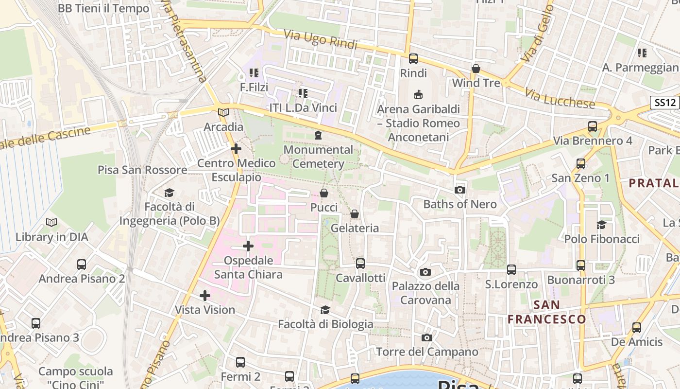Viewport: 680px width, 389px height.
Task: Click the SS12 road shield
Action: tap(664, 103)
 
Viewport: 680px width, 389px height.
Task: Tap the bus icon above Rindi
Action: tap(413, 59)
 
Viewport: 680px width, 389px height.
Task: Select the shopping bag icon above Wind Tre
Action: tap(476, 69)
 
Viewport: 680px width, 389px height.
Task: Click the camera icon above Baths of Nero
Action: tap(459, 190)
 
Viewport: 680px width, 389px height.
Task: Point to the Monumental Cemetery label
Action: tap(318, 157)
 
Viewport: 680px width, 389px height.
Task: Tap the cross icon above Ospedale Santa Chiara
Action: tap(248, 246)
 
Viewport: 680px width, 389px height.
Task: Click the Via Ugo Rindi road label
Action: tap(320, 39)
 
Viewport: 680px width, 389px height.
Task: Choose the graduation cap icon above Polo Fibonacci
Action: tap(602, 224)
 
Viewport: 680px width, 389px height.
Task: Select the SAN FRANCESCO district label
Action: tap(547, 312)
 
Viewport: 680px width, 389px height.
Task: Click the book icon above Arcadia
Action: tap(223, 112)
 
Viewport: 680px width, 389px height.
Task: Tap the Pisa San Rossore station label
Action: tap(142, 170)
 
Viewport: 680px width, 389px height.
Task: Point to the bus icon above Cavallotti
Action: tap(360, 264)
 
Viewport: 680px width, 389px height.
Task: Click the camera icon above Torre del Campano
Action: tap(427, 337)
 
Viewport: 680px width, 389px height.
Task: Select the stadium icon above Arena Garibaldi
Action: tap(418, 94)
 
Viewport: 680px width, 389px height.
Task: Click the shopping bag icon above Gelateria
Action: tap(355, 214)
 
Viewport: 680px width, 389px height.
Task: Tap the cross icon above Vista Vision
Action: tap(205, 295)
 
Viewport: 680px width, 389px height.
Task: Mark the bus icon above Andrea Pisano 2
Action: tap(82, 265)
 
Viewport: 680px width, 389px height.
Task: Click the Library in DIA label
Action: tap(52, 237)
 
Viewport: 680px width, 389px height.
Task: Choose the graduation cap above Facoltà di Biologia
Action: tap(325, 310)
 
